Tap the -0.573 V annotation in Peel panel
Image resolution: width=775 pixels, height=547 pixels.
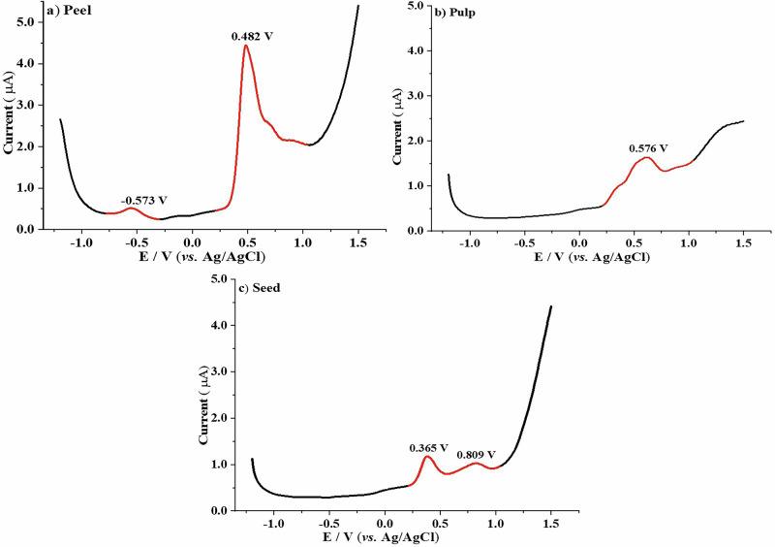click(x=142, y=200)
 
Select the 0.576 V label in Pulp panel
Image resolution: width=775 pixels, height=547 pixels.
click(x=648, y=148)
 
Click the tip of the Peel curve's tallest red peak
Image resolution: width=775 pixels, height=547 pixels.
click(x=246, y=46)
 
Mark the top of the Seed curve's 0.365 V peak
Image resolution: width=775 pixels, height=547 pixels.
click(x=427, y=456)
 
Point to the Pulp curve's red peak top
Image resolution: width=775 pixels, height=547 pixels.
click(x=645, y=157)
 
